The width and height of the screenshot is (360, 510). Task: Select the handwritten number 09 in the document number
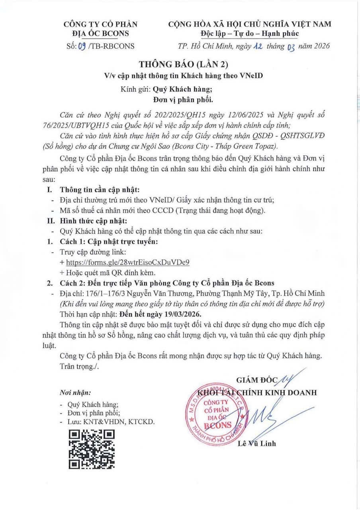tap(82, 46)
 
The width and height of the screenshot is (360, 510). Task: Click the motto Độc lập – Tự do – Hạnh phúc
tap(249, 33)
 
